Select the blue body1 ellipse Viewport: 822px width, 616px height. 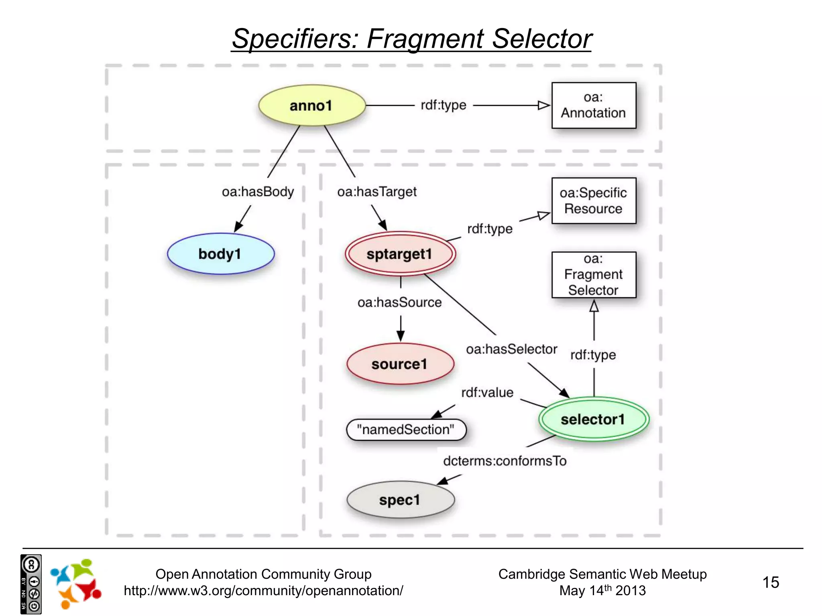pos(220,254)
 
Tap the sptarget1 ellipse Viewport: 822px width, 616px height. pos(400,254)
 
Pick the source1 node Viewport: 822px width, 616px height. pos(400,364)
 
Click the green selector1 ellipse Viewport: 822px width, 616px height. pos(593,419)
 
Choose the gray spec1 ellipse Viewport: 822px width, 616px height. pos(400,500)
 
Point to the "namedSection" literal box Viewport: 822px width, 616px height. pos(406,430)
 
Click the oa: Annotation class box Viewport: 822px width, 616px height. pos(593,105)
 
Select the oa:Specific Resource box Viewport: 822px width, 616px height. pos(593,201)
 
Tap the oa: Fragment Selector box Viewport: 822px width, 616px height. pos(593,275)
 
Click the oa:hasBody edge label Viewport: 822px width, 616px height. pos(258,192)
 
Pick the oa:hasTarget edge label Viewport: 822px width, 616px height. pos(376,192)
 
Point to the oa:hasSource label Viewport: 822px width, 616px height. pos(399,302)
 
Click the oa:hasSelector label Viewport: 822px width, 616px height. pos(511,349)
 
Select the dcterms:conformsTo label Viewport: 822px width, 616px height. pos(505,461)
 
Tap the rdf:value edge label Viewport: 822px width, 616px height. pos(487,393)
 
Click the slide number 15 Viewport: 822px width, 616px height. pos(770,582)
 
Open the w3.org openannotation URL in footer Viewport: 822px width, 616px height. pos(263,591)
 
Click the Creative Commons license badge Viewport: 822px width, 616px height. pos(31,584)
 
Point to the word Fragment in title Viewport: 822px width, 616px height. pos(425,39)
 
